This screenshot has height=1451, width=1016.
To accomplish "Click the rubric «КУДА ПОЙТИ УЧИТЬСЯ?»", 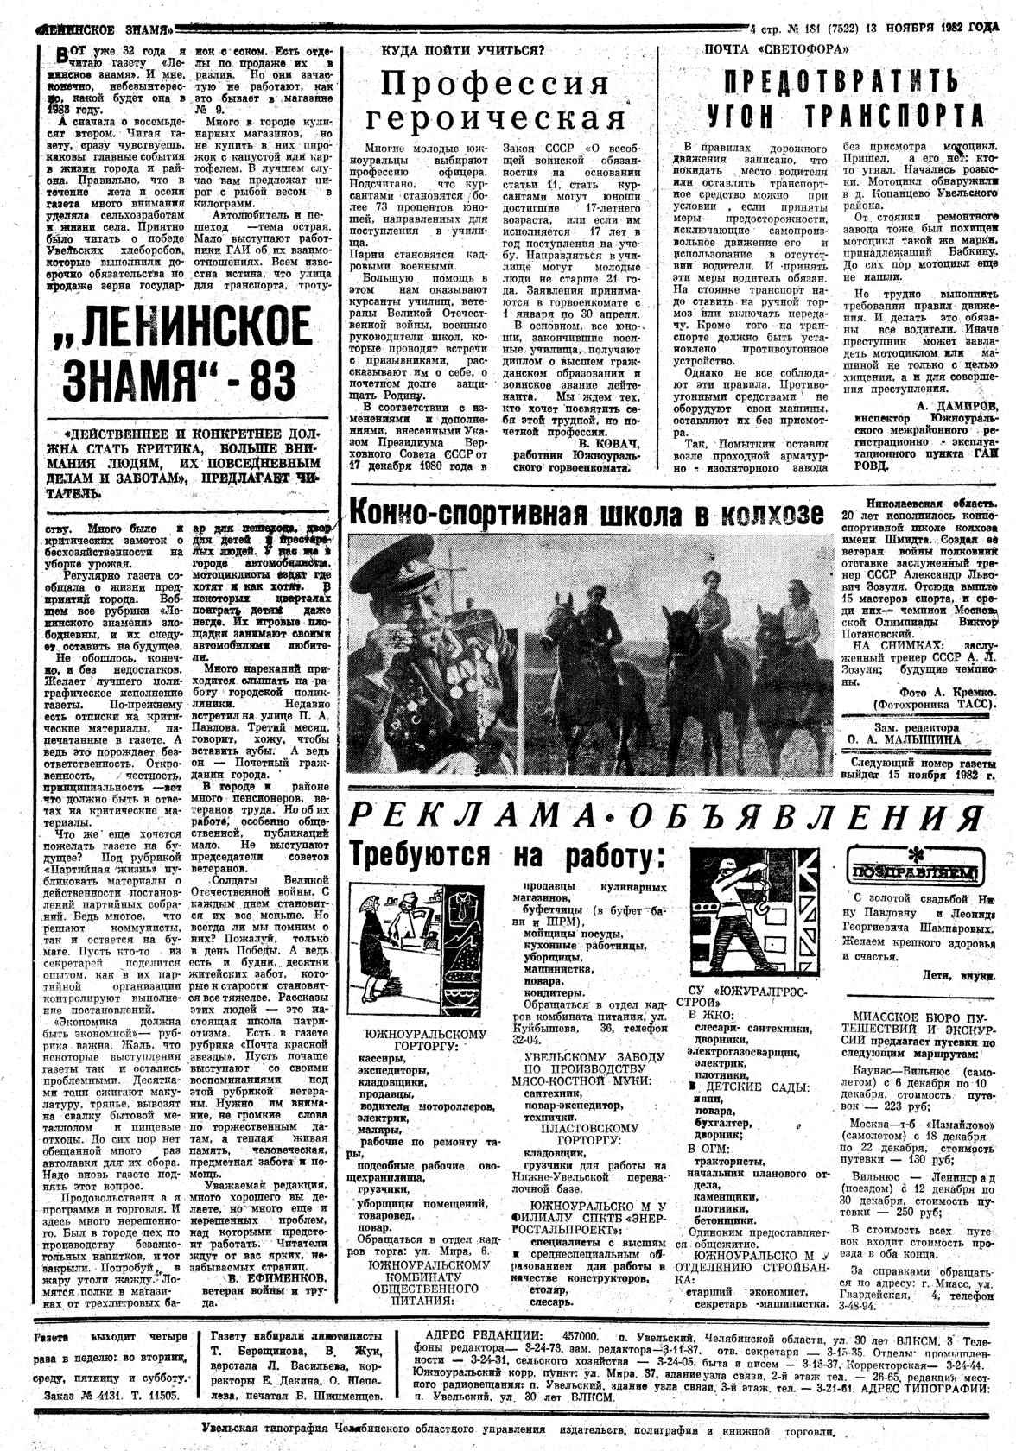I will tap(463, 51).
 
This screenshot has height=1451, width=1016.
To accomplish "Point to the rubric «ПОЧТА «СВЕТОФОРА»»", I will tap(773, 51).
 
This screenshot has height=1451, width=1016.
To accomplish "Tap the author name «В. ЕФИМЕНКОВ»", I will tap(276, 1277).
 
